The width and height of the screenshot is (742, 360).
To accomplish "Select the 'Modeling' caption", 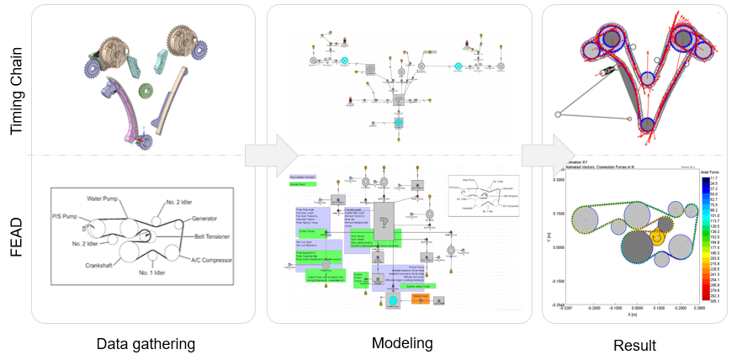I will pos(403,344).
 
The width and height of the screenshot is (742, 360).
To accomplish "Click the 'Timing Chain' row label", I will pos(18,80).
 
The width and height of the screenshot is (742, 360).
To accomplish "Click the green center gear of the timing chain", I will pos(146,89).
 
